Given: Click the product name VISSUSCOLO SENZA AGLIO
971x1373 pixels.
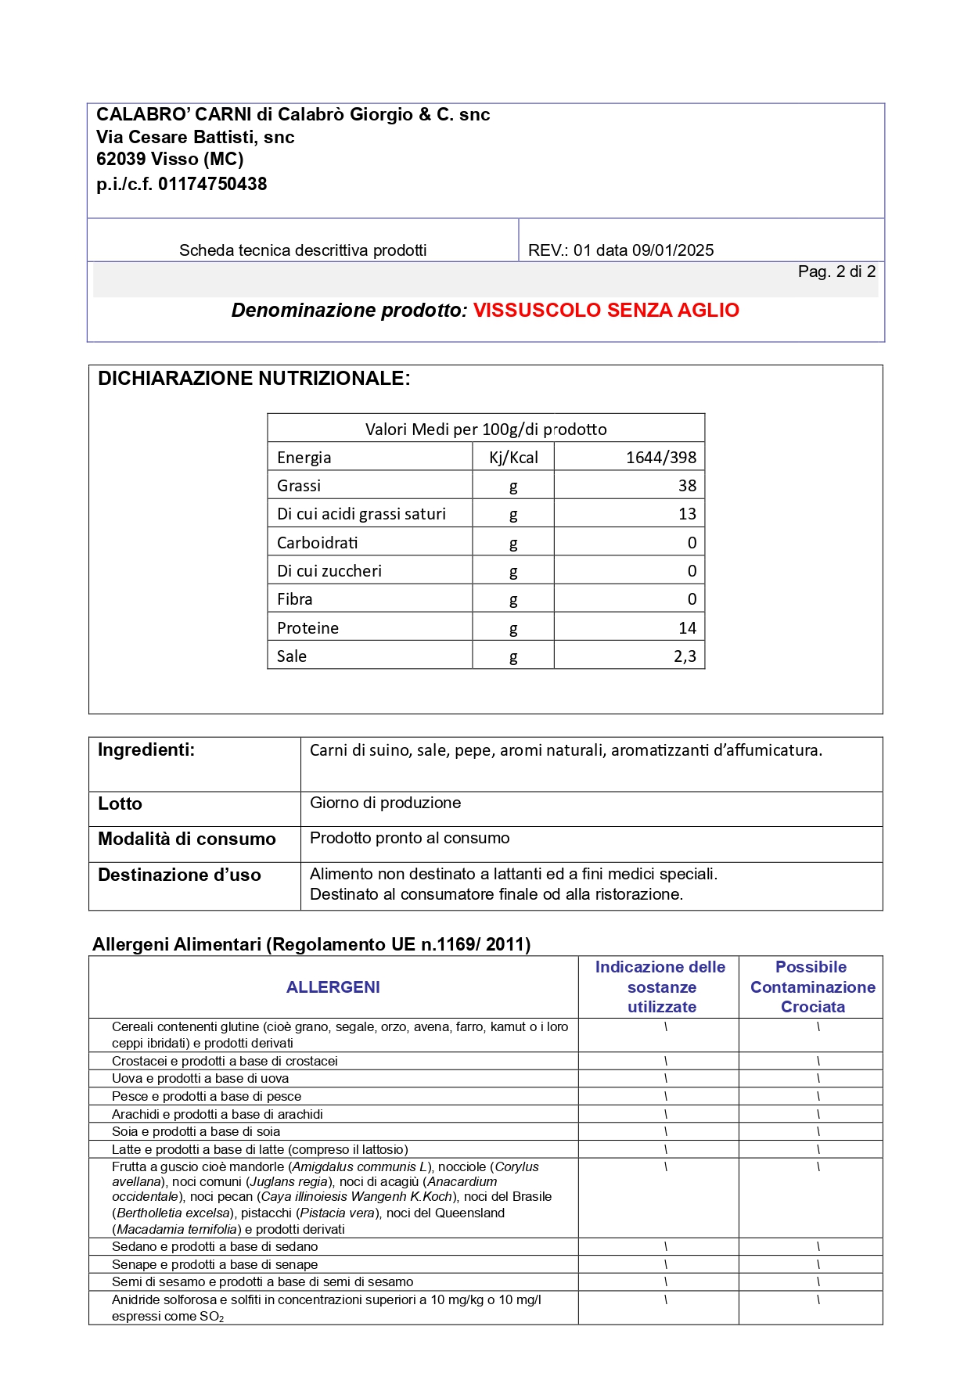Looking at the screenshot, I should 606,311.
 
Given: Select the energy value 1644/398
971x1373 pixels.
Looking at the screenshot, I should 660,458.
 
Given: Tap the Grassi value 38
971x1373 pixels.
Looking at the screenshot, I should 687,486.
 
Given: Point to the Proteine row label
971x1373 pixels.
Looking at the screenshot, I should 307,628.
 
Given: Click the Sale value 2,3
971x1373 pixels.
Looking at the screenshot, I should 685,656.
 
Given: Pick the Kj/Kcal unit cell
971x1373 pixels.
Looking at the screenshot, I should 513,458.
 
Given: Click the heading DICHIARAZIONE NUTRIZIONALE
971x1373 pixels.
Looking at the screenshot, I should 254,379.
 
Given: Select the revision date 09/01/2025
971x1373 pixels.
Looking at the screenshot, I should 673,250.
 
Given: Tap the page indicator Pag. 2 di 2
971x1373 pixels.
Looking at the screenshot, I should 836,271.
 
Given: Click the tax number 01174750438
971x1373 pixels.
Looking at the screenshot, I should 212,185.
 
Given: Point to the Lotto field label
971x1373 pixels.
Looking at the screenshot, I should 120,804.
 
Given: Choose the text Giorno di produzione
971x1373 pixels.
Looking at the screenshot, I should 385,803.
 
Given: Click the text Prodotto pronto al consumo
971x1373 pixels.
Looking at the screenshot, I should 409,838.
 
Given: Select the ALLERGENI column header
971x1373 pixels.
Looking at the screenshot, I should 333,987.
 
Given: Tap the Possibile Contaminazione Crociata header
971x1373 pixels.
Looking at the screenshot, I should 812,987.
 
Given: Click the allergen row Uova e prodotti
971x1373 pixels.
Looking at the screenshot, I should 200,1078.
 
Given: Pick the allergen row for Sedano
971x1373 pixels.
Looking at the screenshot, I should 214,1246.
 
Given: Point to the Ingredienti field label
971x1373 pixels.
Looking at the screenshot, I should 146,750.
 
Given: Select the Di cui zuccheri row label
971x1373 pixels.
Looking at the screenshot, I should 329,571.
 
